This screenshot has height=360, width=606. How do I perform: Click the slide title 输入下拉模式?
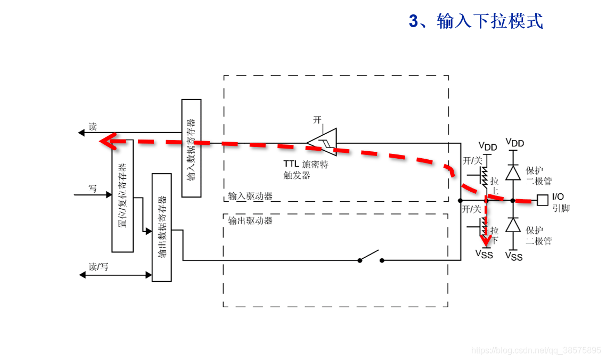click(476, 21)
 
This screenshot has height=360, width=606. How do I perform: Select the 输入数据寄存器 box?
click(191, 148)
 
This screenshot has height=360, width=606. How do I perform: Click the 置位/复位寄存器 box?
click(122, 196)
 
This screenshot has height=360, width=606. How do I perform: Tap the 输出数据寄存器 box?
click(162, 227)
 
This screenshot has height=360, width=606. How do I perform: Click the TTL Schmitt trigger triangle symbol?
click(323, 141)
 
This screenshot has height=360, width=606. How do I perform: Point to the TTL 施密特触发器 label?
click(306, 169)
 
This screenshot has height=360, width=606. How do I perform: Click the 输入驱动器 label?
click(250, 196)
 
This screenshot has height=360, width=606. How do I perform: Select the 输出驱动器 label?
click(250, 220)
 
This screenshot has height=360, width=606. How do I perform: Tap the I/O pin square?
click(542, 200)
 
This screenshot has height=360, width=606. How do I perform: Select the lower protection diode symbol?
click(513, 225)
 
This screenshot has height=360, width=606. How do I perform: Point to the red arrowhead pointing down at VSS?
click(486, 246)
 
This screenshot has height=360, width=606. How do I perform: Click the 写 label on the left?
click(93, 188)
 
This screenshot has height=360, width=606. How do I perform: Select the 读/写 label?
click(99, 266)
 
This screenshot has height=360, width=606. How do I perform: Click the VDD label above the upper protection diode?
click(515, 143)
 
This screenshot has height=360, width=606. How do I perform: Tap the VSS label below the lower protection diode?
click(514, 257)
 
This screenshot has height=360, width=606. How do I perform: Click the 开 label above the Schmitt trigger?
click(317, 120)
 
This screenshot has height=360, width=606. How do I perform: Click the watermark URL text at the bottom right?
click(536, 350)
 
